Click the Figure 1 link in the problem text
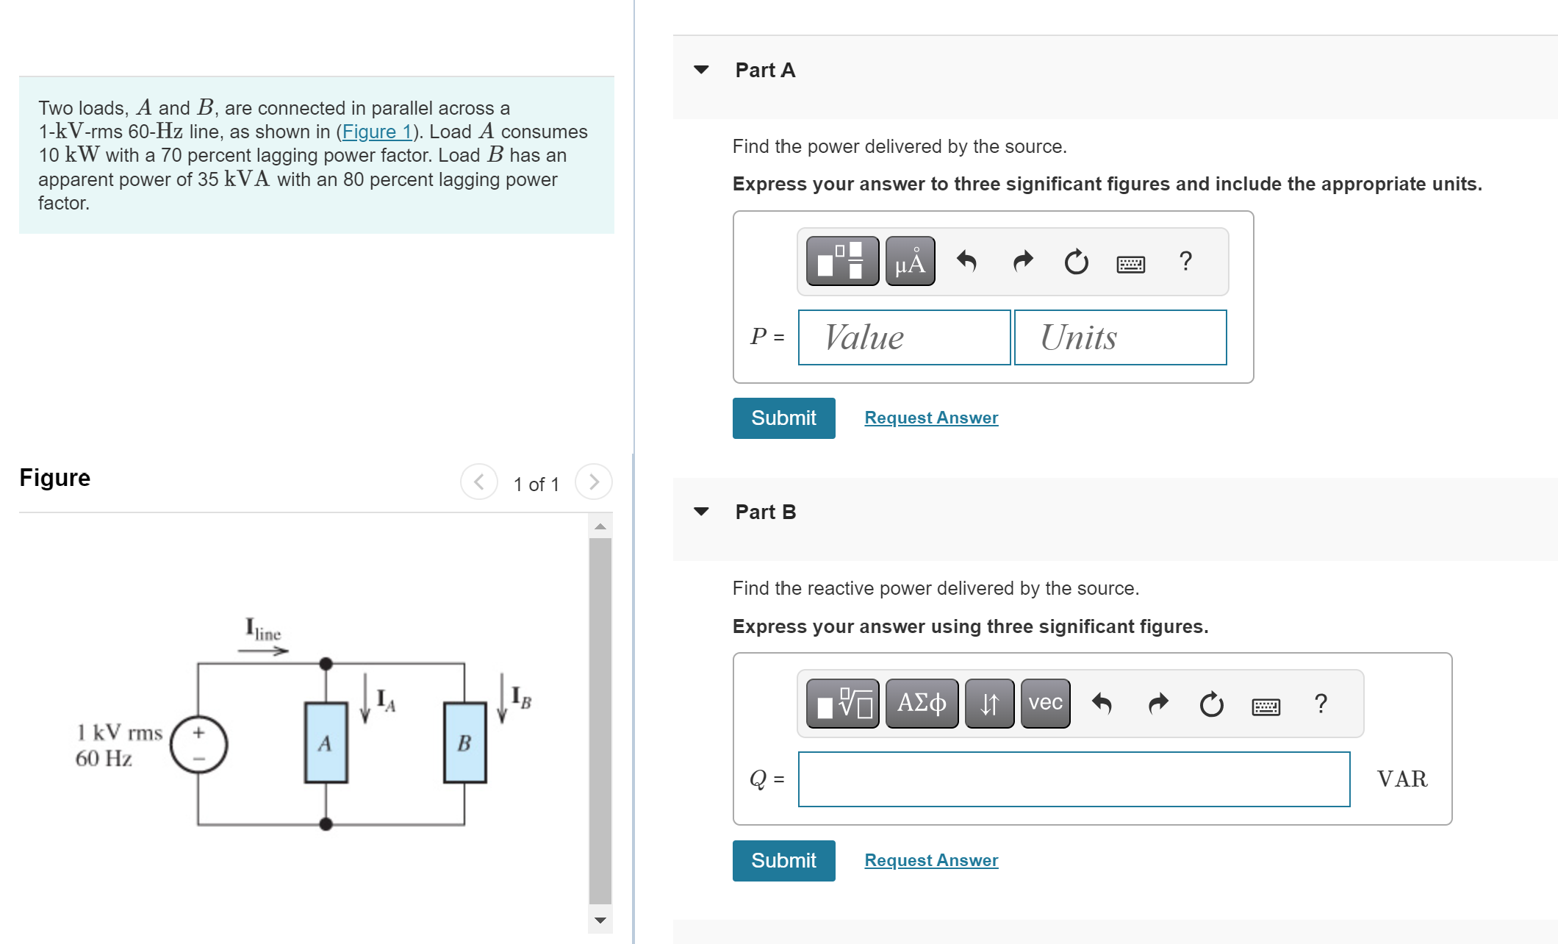click(376, 132)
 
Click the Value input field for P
click(904, 337)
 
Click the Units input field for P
click(1120, 337)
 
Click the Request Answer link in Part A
click(931, 418)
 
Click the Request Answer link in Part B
click(931, 860)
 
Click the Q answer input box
click(1074, 779)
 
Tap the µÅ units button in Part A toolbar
click(910, 262)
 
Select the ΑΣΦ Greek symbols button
click(922, 704)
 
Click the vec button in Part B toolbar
click(1045, 704)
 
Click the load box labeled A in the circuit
click(326, 743)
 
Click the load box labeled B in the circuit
click(464, 743)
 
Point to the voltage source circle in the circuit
click(198, 745)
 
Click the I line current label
click(263, 630)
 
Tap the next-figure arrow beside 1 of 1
click(594, 482)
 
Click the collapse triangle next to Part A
click(701, 70)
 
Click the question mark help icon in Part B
click(1321, 704)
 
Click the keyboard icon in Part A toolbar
click(1130, 263)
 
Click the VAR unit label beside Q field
click(1402, 779)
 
